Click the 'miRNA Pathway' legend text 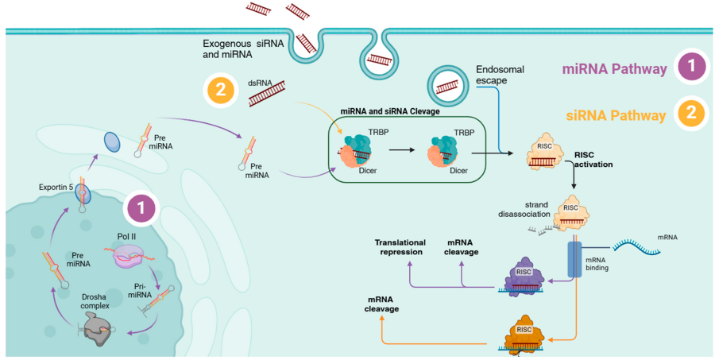pyautogui.click(x=614, y=69)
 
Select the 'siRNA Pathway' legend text pyautogui.click(x=616, y=115)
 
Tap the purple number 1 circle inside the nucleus pyautogui.click(x=141, y=209)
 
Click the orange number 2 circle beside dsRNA pyautogui.click(x=220, y=90)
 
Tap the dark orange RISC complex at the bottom pyautogui.click(x=524, y=331)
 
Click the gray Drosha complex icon pyautogui.click(x=102, y=327)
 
